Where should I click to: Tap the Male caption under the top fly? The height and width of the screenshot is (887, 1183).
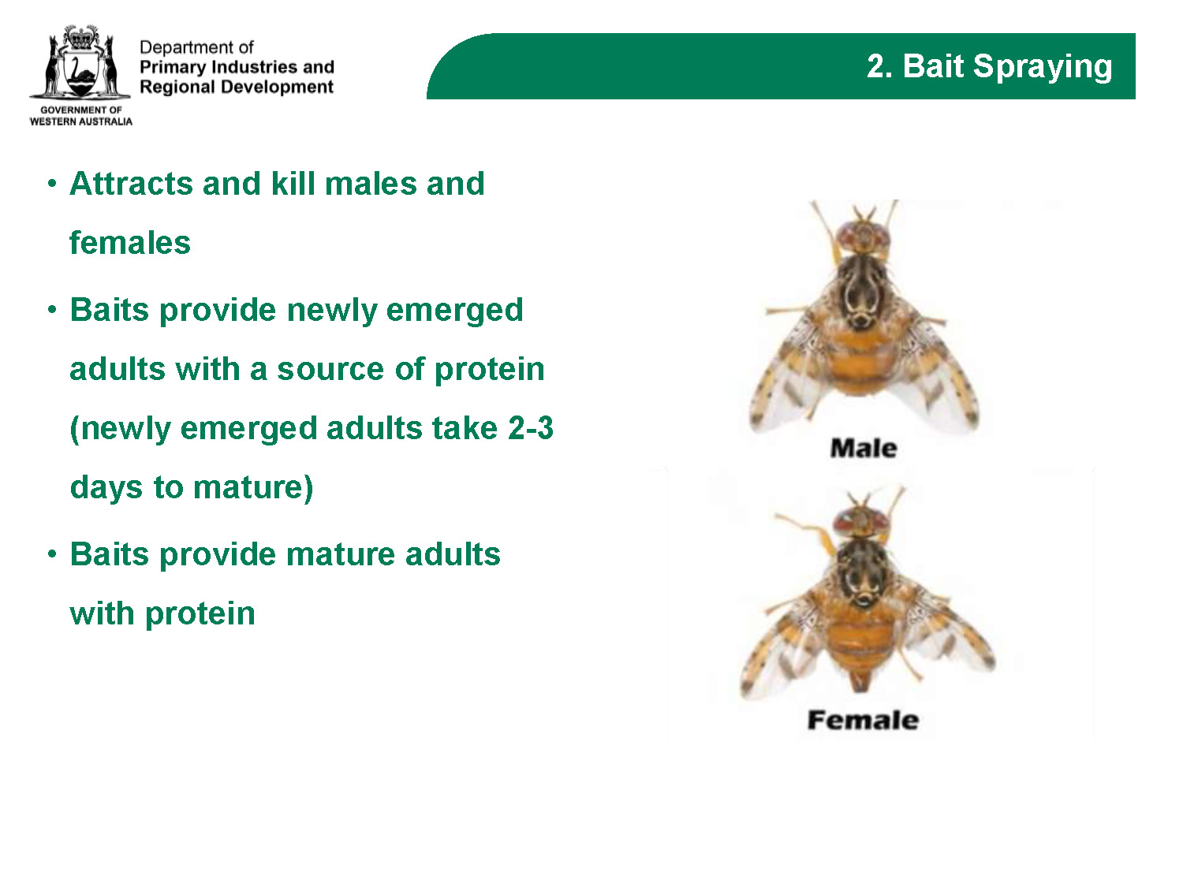[864, 448]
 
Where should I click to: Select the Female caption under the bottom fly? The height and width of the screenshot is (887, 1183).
[863, 720]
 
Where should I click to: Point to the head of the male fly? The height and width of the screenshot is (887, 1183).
[863, 237]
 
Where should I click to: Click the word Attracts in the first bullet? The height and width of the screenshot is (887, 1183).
[132, 184]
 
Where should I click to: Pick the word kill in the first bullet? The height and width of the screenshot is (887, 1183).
[293, 183]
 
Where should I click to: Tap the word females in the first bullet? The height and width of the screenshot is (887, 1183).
[130, 242]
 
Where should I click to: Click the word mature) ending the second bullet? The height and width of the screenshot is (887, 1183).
[253, 488]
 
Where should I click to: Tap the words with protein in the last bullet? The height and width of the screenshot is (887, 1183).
[162, 614]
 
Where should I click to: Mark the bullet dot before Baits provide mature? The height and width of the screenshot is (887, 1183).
[52, 554]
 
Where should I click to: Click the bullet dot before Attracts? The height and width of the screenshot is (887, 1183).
[52, 184]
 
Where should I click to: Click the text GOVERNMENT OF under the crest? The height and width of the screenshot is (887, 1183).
[81, 110]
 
